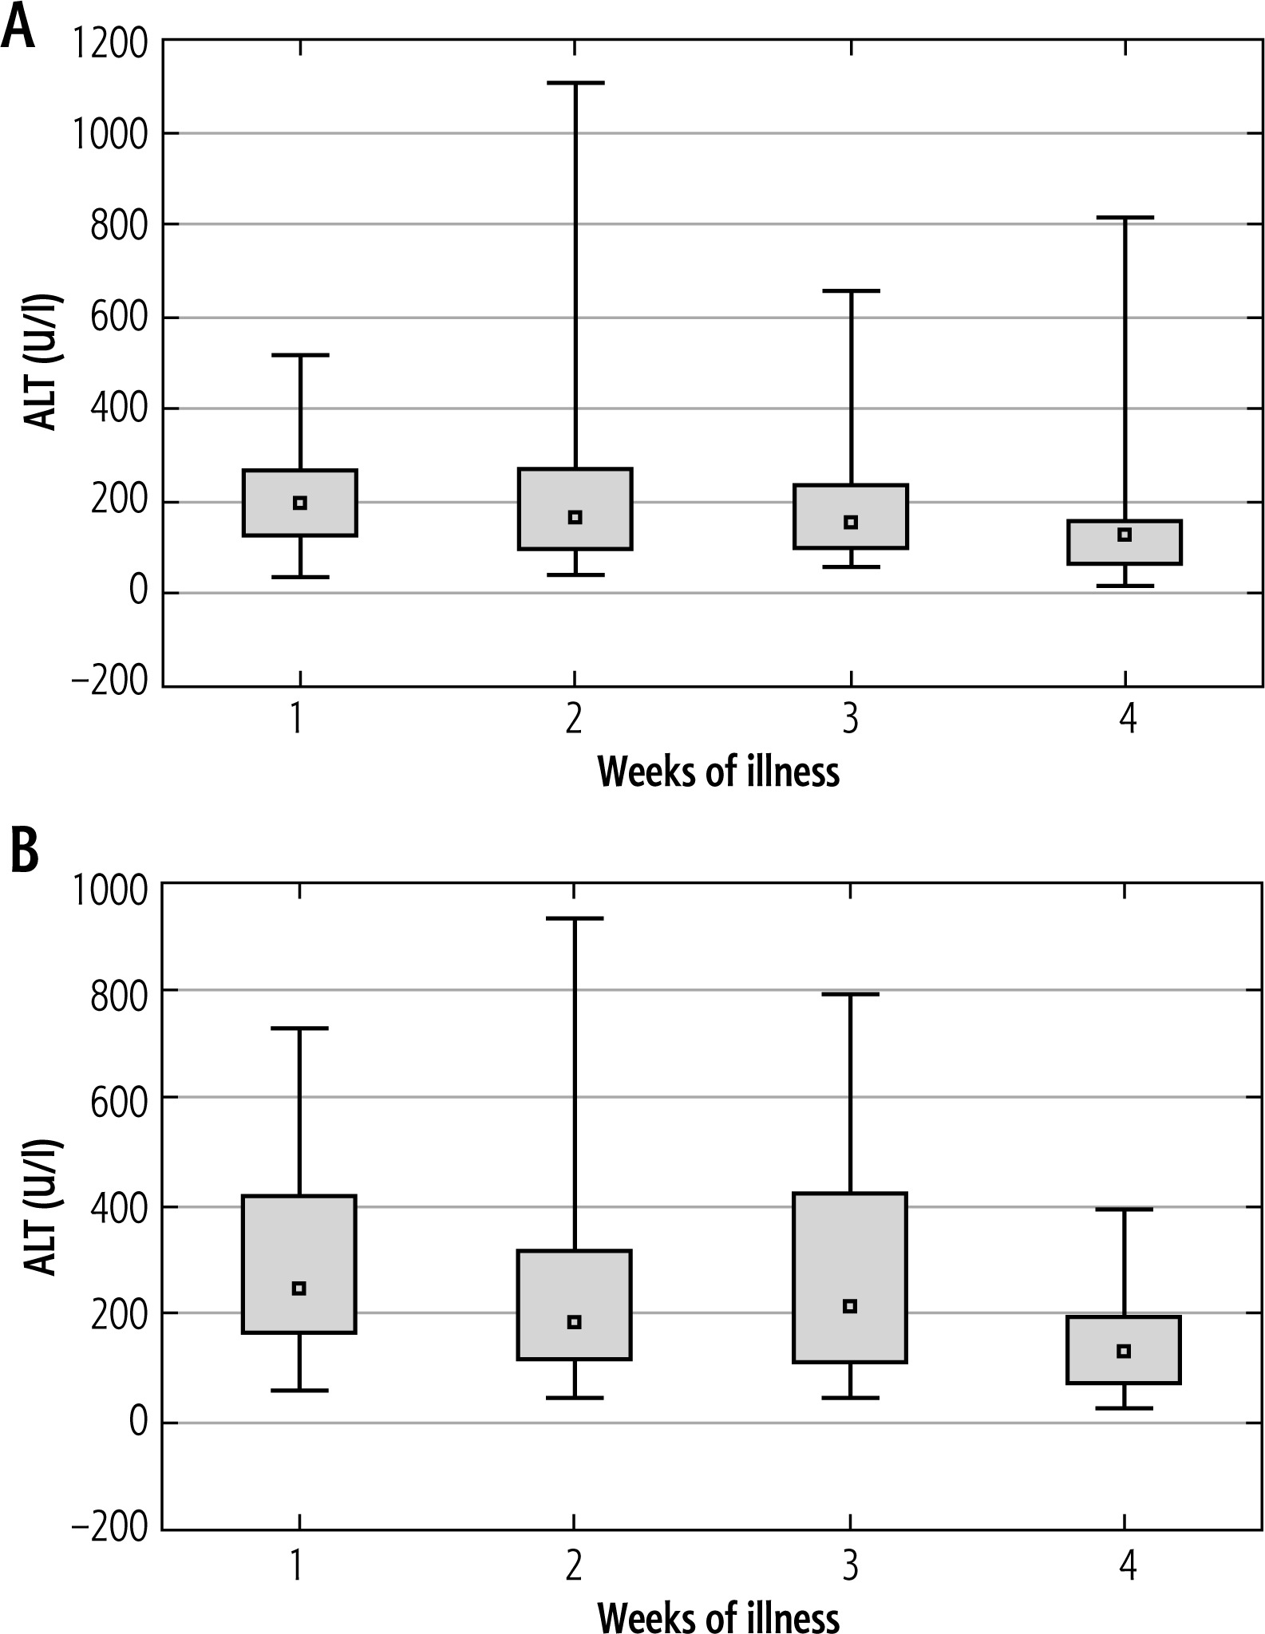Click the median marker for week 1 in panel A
(300, 503)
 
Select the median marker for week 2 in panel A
(575, 517)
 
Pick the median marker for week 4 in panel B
(1124, 1351)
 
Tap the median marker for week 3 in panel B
(850, 1306)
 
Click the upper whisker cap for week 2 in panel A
(575, 82)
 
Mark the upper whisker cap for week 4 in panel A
(1125, 217)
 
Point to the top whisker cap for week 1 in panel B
(299, 1028)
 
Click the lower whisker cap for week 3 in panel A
(851, 566)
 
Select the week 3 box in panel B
(850, 1277)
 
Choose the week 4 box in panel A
(1125, 543)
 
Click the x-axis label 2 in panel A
(574, 720)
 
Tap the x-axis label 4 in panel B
(1126, 1566)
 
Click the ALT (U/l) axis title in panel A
(42, 363)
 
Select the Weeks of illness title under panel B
(718, 1616)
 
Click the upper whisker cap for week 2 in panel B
(574, 918)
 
